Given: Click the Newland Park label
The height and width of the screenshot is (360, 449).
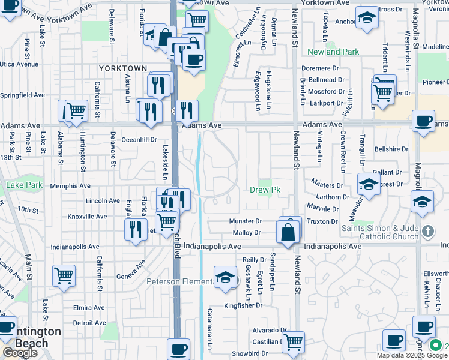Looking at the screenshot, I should (333, 52).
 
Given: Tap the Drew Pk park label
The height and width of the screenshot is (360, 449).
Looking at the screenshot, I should (265, 190).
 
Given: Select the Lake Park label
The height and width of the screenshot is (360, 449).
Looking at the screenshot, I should (24, 185).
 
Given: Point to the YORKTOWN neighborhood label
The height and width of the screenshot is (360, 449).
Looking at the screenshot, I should (122, 68).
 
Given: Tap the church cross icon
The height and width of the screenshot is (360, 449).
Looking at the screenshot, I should (427, 231).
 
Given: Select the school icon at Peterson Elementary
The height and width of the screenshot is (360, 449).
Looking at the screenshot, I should (225, 277).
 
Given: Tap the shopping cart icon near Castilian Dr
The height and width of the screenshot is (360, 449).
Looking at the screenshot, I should (293, 341).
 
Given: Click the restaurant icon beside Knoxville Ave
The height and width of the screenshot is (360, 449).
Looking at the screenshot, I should (133, 229).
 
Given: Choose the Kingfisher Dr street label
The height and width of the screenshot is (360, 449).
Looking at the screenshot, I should (243, 305).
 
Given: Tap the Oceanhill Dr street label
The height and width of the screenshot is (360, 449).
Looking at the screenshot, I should (139, 139).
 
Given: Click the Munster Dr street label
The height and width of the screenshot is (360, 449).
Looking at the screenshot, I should (246, 221).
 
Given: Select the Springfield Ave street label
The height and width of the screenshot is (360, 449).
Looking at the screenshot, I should (22, 95).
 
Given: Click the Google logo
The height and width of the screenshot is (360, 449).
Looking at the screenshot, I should (20, 353).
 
